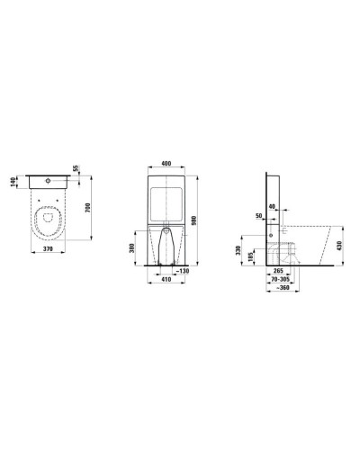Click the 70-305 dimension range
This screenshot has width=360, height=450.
coord(283,278)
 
